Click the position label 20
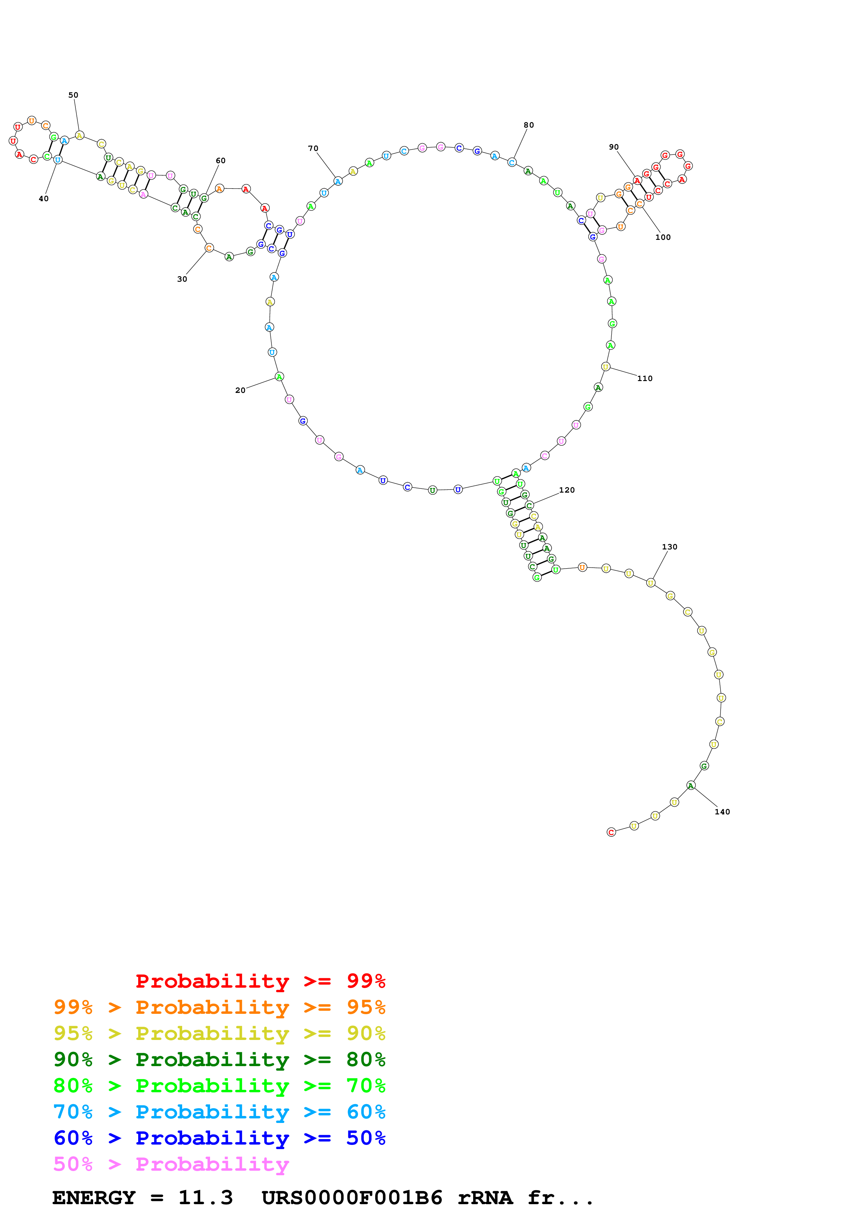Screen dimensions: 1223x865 coord(240,390)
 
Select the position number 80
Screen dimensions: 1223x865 coord(528,125)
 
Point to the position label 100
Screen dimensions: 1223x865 coord(663,237)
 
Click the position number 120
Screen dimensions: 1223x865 coord(567,490)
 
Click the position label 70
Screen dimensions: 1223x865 coord(313,149)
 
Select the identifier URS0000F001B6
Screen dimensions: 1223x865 coord(352,1198)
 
